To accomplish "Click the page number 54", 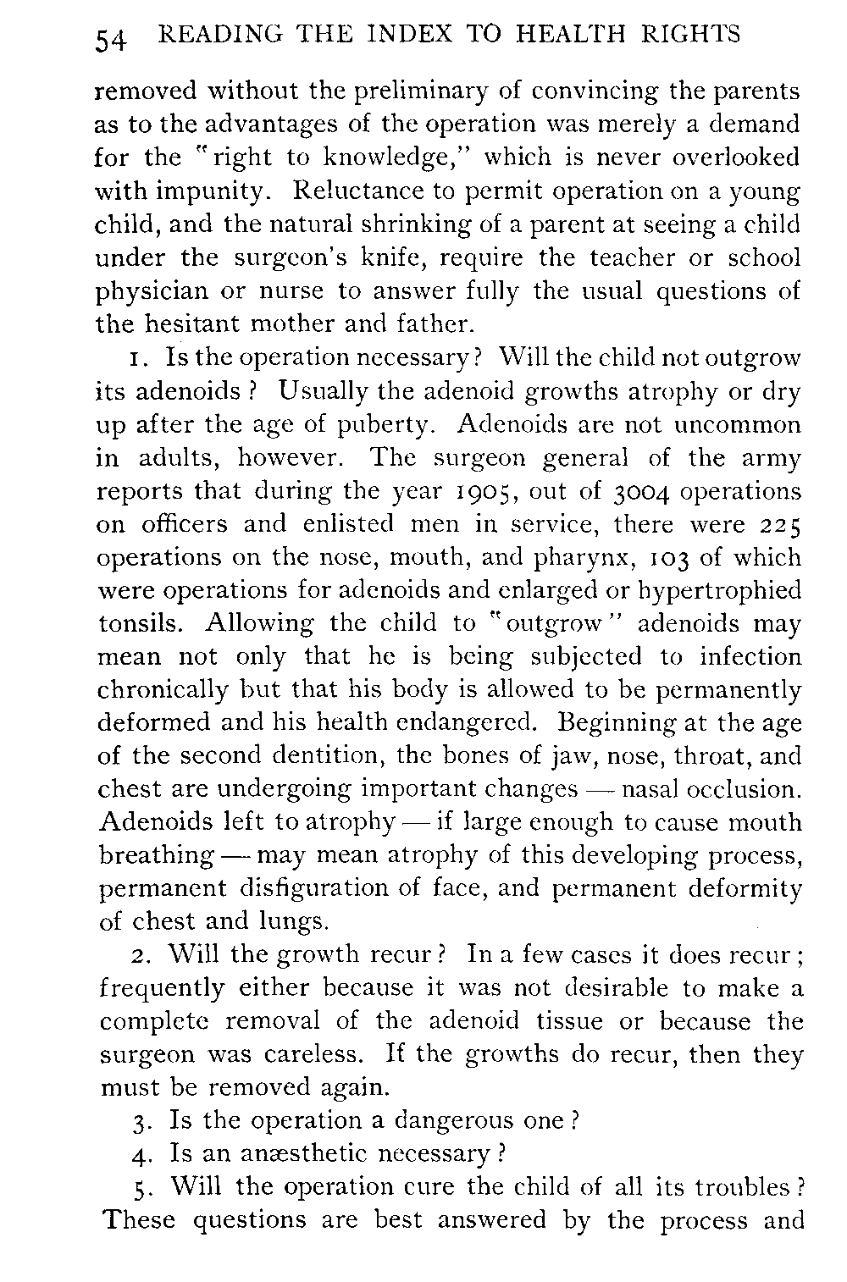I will (111, 39).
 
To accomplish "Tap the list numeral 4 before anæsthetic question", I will (142, 1155).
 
